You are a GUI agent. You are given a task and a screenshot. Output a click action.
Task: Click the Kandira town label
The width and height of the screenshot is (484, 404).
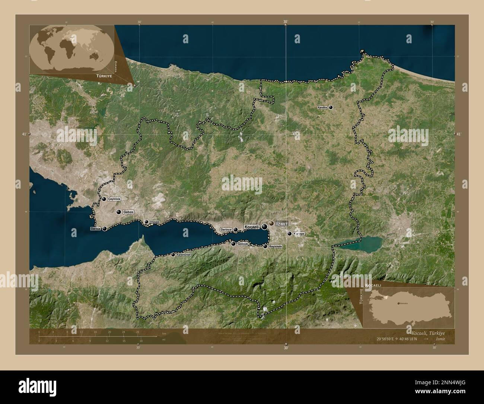click(322, 107)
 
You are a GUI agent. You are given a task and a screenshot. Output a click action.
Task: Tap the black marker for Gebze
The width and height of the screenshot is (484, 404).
click(118, 212)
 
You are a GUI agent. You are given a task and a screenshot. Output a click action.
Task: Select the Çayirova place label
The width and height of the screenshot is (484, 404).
click(114, 199)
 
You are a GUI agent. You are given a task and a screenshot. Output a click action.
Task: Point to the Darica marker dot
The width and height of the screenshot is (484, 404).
click(105, 229)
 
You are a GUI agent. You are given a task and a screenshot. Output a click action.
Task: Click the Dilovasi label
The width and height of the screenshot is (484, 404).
click(155, 222)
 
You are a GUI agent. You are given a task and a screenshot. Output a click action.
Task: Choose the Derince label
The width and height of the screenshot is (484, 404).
click(226, 230)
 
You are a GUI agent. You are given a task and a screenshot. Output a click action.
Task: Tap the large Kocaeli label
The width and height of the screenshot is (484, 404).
click(252, 227)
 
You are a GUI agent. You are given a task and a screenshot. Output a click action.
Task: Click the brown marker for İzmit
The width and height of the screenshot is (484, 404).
click(271, 223)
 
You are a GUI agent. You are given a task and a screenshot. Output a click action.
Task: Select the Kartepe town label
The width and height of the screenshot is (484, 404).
click(299, 234)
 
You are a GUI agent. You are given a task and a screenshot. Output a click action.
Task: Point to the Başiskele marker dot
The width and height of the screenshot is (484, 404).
click(265, 246)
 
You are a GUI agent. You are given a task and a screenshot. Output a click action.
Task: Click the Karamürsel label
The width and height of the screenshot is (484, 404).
click(184, 255)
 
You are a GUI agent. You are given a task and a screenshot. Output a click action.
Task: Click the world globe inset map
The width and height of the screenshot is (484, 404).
click(71, 49)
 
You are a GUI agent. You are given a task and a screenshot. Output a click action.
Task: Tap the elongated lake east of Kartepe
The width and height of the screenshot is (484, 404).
click(352, 243)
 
